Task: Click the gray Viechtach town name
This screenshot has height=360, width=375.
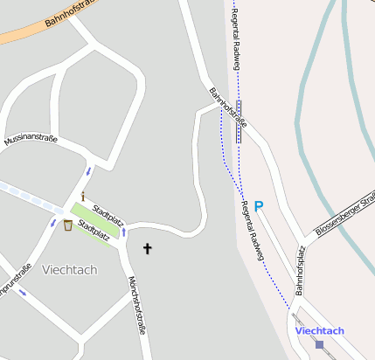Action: [x=69, y=269]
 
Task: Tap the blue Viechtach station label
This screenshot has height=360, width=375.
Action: [x=320, y=330]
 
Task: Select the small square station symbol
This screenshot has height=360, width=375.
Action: [x=319, y=343]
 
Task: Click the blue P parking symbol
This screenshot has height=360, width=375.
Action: [x=259, y=206]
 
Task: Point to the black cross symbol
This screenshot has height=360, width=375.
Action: [x=147, y=249]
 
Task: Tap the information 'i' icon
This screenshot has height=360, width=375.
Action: [x=82, y=196]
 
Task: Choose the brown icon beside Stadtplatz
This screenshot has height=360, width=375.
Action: [x=68, y=225]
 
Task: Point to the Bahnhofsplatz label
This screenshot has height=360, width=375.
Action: [x=300, y=270]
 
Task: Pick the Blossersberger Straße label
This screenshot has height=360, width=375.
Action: [x=345, y=209]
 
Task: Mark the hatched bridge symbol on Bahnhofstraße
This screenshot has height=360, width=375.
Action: [x=239, y=121]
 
